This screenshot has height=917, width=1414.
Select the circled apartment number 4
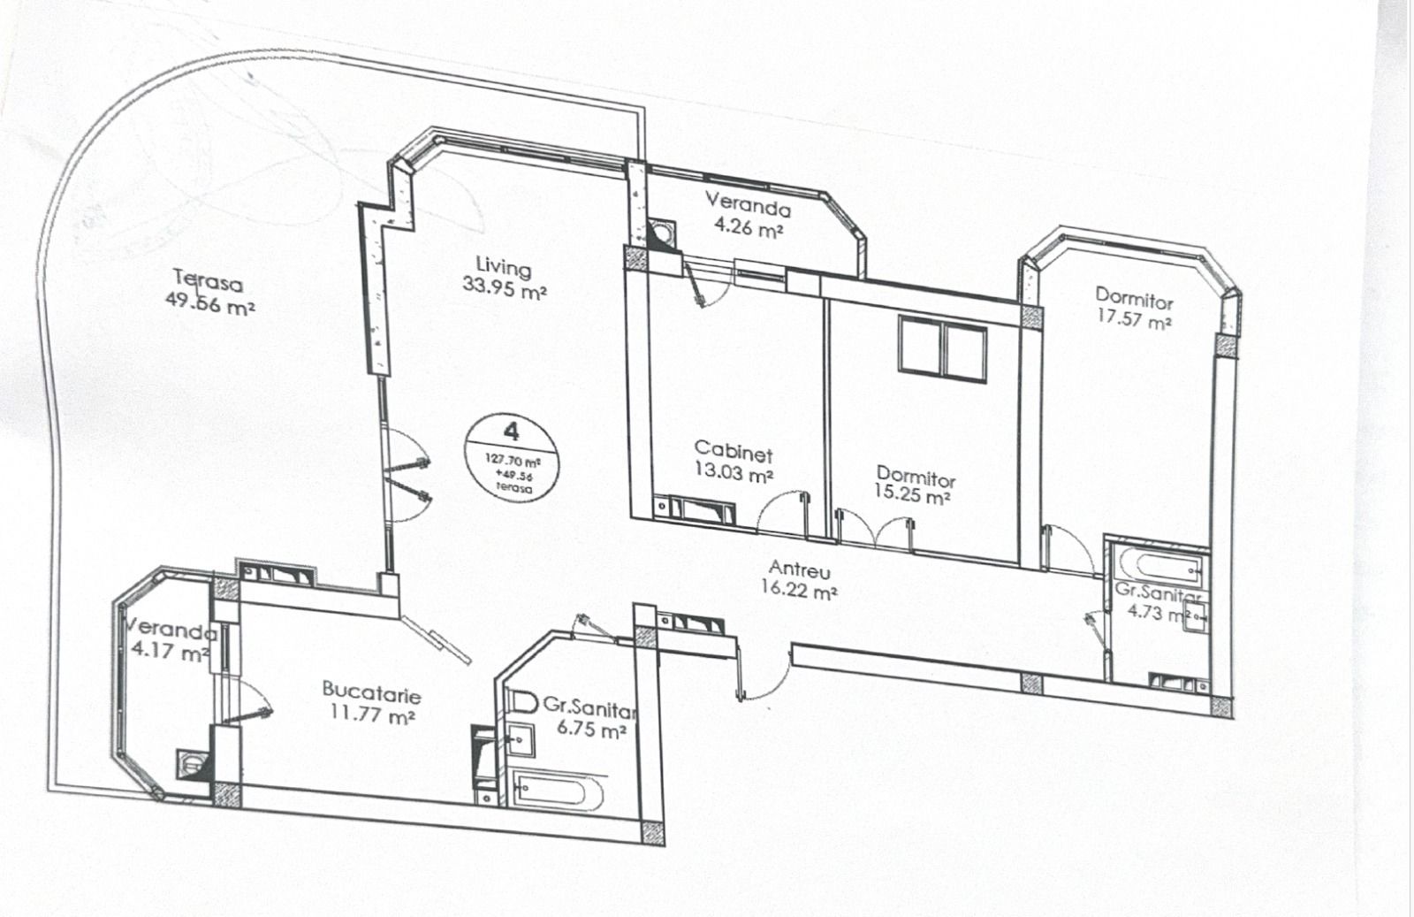pos(511,432)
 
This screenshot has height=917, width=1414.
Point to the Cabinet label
pos(733,451)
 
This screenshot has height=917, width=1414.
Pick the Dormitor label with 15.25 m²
pos(916,478)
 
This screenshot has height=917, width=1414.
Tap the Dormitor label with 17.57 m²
pos(1134,297)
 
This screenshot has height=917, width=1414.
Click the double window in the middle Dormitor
pos(942,348)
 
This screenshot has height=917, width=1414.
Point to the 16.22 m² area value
pos(799,591)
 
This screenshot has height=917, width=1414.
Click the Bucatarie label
pos(371,691)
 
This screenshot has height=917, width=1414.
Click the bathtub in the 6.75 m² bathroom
pos(557,791)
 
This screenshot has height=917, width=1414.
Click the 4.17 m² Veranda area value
pos(168,653)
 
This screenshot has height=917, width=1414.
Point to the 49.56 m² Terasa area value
pos(210,306)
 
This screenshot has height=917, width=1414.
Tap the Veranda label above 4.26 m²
pos(747,205)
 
